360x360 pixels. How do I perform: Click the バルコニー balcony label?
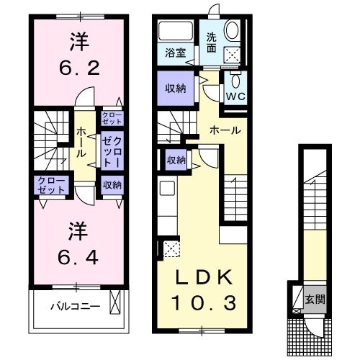click(x=75, y=306)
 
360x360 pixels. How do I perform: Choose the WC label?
click(x=235, y=94)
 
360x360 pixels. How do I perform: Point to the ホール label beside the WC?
click(x=225, y=130)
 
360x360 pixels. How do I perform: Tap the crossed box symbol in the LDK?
click(x=171, y=249)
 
